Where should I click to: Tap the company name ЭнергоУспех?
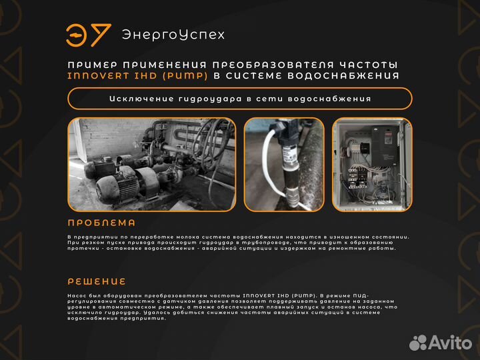click(173, 35)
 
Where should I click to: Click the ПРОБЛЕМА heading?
click(101, 223)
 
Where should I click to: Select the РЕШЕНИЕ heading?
click(97, 281)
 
